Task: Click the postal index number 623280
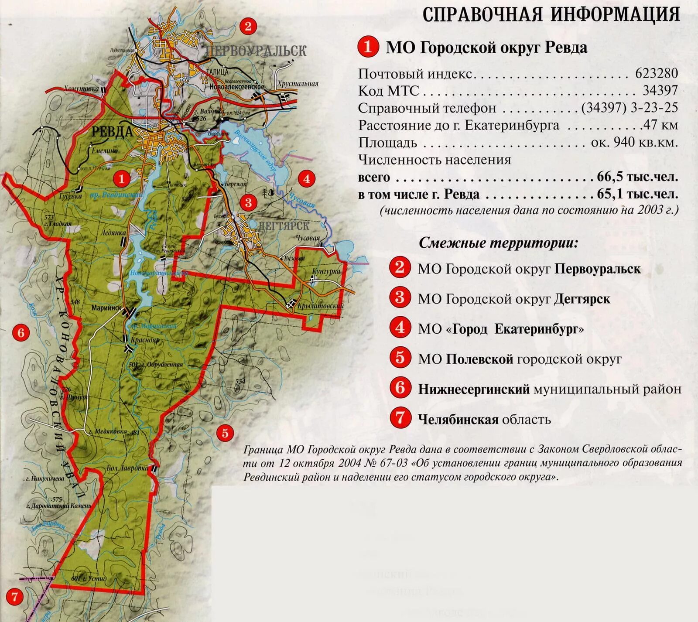(657, 73)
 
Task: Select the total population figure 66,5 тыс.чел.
(637, 177)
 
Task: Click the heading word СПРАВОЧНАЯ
(482, 15)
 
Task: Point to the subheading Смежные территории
(498, 243)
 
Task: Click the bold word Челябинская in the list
(458, 420)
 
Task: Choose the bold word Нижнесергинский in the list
(474, 389)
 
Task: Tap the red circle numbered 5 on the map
(225, 433)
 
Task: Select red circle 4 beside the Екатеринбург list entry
(400, 328)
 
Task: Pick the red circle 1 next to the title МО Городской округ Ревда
(368, 47)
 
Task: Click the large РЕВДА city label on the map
(112, 131)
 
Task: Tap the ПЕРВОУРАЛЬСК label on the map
(257, 51)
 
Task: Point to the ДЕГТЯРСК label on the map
(284, 226)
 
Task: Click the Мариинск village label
(106, 308)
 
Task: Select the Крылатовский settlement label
(320, 306)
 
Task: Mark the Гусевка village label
(70, 196)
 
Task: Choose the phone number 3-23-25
(654, 108)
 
